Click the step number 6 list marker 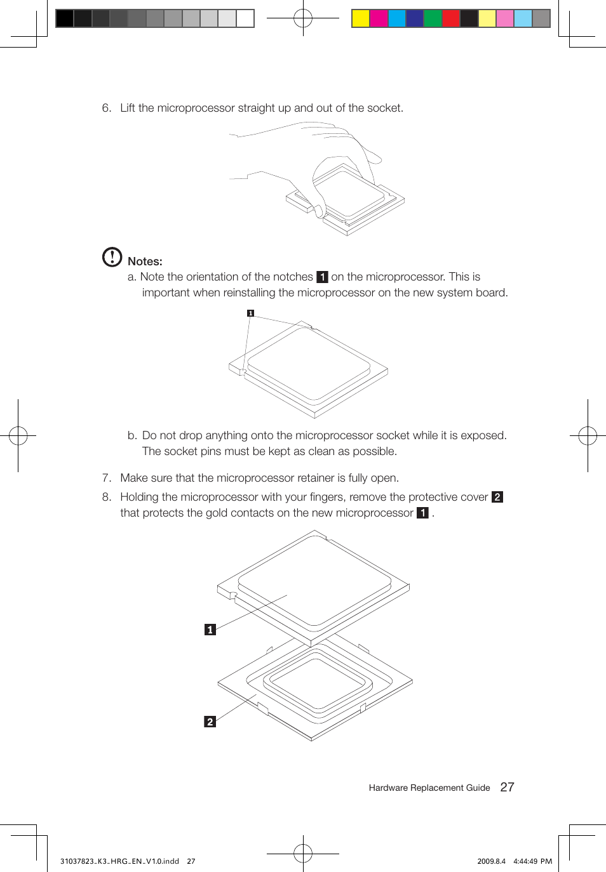point(106,108)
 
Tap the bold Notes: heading point(145,261)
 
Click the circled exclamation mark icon point(112,256)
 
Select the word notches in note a point(292,277)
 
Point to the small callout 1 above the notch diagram point(250,313)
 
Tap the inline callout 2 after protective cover point(497,497)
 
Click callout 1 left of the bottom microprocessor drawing point(210,630)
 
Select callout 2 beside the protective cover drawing point(210,722)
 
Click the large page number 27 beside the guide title point(507,787)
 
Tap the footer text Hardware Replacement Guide point(429,788)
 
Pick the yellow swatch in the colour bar point(361,18)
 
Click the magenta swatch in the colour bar point(379,18)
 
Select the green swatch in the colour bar point(433,18)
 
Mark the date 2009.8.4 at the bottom point(491,861)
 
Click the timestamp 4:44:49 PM point(532,861)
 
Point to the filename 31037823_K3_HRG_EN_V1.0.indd point(119,861)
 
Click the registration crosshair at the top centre point(303,18)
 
